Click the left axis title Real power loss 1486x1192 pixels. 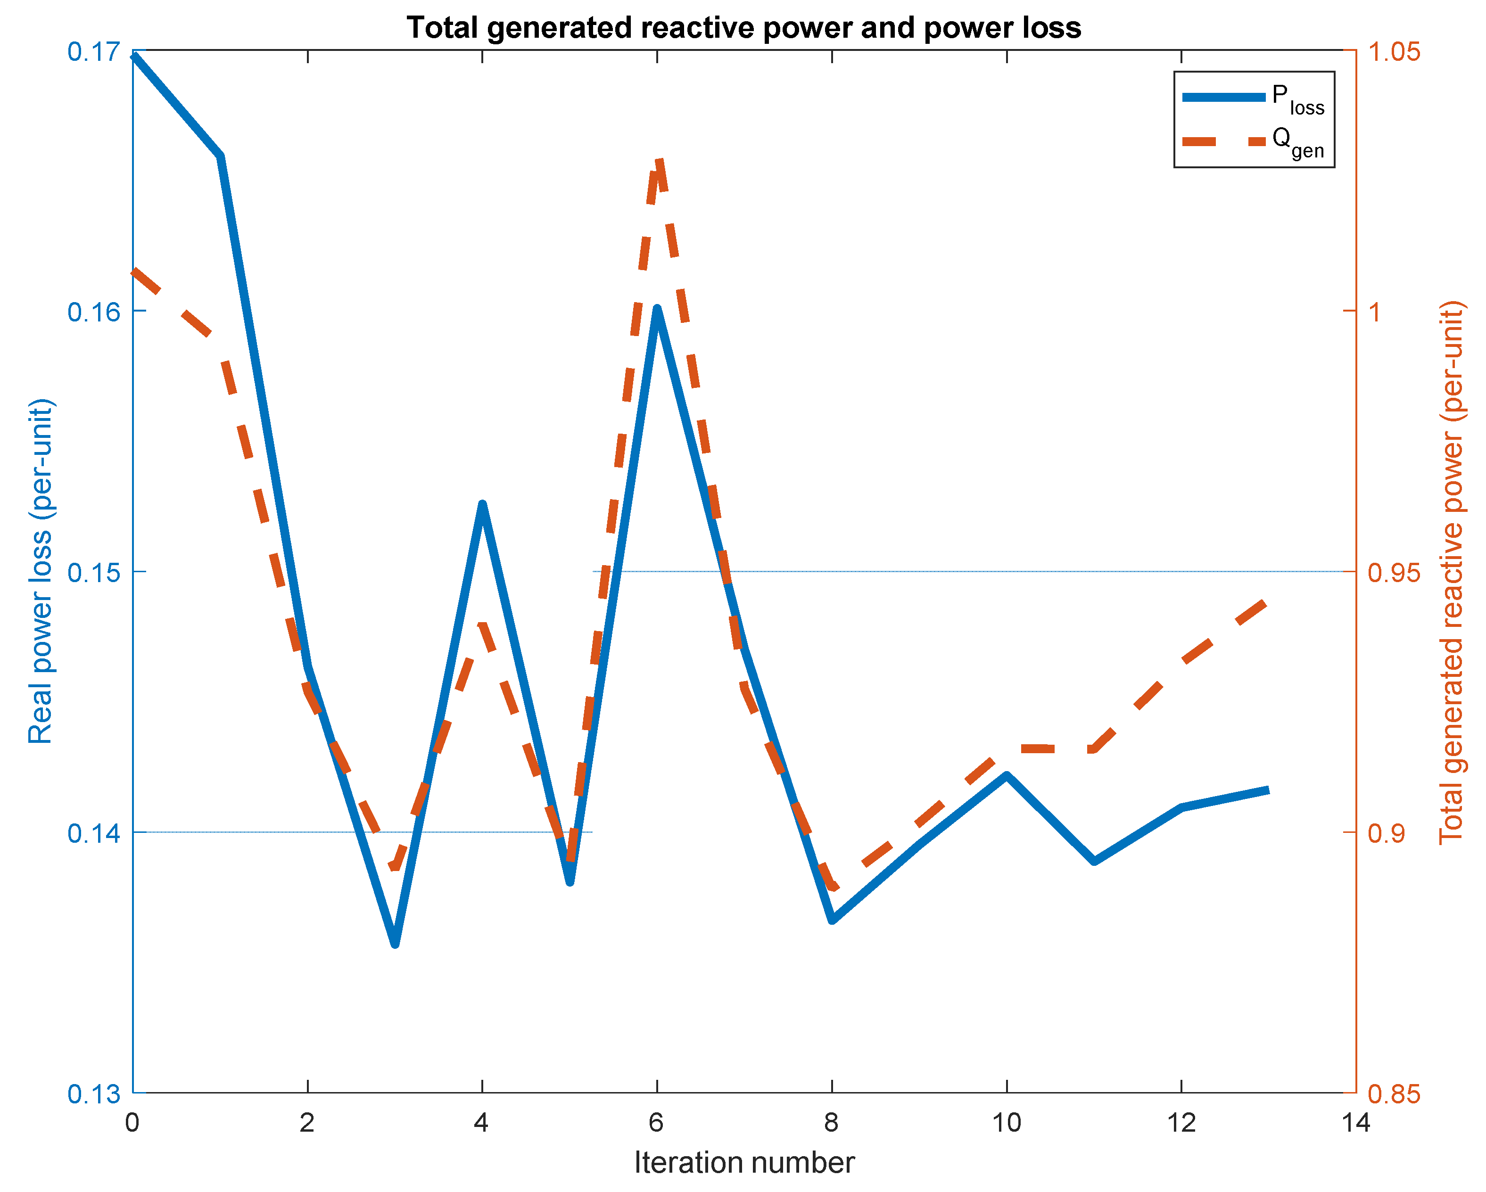click(40, 572)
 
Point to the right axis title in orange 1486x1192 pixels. click(1450, 572)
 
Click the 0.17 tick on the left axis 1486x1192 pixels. click(92, 52)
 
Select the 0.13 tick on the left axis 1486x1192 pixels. click(92, 1094)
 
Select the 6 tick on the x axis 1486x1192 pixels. click(656, 1123)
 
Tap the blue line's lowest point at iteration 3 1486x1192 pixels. click(395, 943)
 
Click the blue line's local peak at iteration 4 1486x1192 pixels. click(482, 506)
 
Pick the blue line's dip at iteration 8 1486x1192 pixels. click(833, 919)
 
